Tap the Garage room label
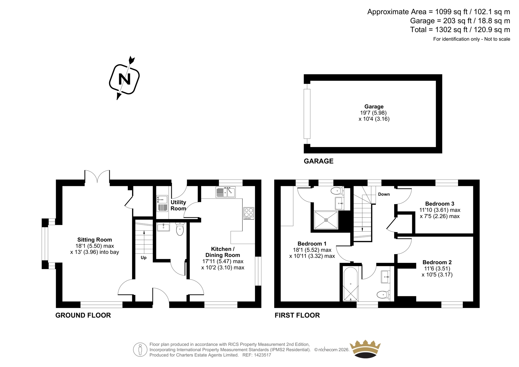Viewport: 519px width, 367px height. tap(374, 107)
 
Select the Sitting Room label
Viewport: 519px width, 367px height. tap(94, 240)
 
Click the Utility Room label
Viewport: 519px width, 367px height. tap(178, 205)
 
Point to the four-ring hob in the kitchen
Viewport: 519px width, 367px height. tap(249, 213)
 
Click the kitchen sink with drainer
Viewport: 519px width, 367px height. tap(225, 192)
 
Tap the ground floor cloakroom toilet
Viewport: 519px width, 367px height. tap(180, 229)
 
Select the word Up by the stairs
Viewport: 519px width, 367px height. tap(144, 258)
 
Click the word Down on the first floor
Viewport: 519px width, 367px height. tap(384, 194)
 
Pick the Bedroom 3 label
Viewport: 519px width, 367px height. tap(440, 204)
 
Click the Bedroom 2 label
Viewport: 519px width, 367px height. tap(437, 263)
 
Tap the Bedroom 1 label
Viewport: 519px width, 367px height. tap(312, 244)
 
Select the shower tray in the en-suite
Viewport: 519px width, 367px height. tap(326, 220)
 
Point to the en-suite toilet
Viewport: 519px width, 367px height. tap(337, 191)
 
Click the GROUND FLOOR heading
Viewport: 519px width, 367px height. tap(83, 315)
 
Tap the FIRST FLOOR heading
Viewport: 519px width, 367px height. tap(297, 315)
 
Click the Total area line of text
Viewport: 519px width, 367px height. tap(460, 30)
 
